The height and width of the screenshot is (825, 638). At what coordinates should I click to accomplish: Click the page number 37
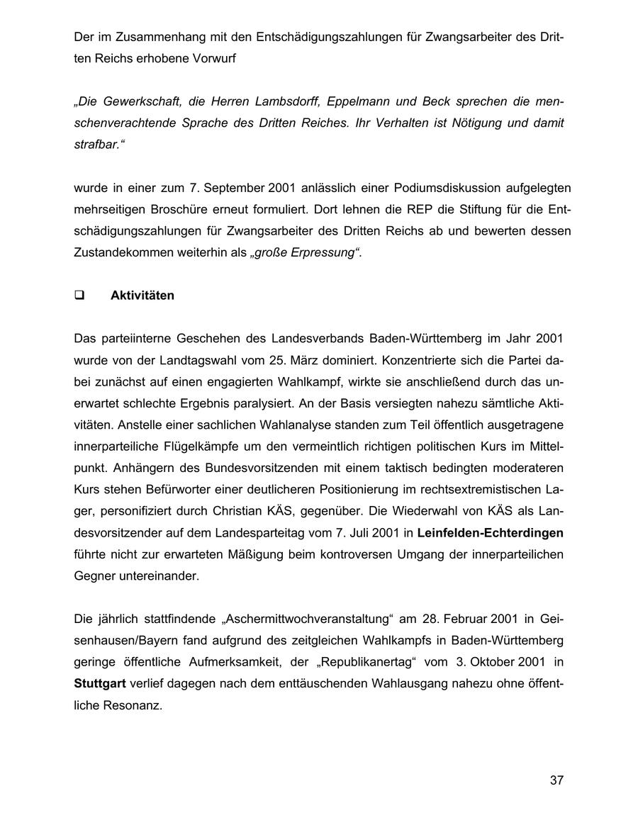[556, 780]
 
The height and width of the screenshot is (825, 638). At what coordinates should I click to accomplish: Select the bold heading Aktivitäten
[142, 296]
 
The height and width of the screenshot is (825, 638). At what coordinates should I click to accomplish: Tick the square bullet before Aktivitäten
[79, 296]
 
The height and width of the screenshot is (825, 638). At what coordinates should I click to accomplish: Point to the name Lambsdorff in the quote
[283, 101]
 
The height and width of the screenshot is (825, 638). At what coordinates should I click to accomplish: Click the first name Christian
[238, 510]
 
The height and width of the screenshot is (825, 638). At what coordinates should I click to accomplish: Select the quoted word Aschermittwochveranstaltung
[307, 619]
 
